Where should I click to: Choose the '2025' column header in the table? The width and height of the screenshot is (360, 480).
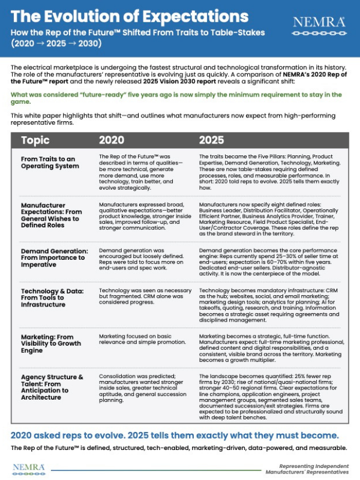pos(214,140)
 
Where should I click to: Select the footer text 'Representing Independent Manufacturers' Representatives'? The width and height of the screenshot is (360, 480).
pos(306,468)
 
